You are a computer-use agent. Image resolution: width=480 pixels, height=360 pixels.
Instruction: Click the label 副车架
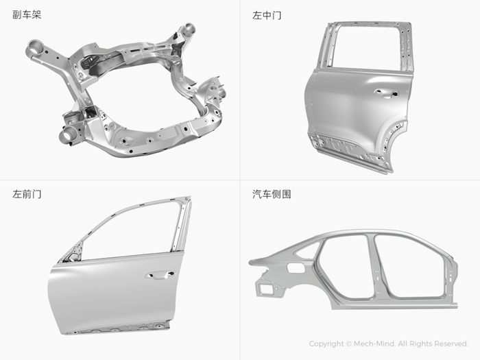point(27,14)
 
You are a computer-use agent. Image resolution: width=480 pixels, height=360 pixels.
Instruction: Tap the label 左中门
point(267,15)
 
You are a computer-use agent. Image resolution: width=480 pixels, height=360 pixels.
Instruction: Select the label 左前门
point(27,194)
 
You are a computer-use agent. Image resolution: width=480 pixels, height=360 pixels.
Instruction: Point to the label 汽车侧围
point(272,194)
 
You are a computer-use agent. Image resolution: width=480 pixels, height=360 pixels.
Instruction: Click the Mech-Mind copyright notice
point(389,344)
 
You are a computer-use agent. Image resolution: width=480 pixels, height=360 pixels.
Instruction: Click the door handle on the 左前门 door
point(160,274)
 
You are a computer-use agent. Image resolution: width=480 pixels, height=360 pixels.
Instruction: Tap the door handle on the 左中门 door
point(386,93)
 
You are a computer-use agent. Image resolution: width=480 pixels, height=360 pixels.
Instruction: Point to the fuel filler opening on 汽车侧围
point(296,268)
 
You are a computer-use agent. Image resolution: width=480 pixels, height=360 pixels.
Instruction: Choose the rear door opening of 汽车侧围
point(344,266)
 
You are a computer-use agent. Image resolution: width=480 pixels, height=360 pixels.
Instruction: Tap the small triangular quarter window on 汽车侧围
point(307,250)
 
